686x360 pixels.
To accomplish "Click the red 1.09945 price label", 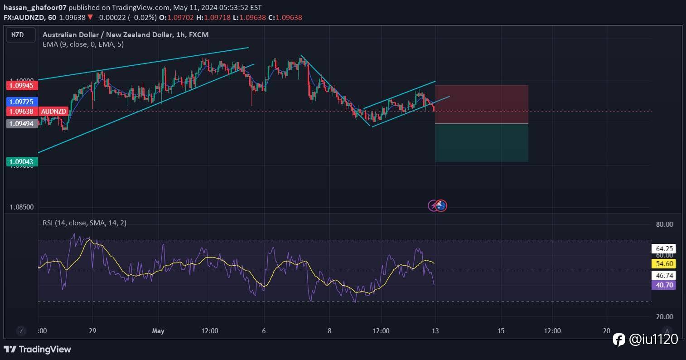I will (22, 85).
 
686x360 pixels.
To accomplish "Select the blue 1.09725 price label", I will (22, 102).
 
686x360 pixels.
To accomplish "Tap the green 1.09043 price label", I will (22, 161).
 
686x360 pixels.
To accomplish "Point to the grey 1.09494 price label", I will (22, 123).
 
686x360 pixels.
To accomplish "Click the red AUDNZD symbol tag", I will (54, 111).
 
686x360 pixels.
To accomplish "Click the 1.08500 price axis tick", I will (22, 207).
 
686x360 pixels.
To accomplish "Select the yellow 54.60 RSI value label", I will (663, 263).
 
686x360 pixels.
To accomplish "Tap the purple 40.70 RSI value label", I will (663, 285).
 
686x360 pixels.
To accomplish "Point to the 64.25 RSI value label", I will (663, 248).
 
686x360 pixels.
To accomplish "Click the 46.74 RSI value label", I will (663, 275).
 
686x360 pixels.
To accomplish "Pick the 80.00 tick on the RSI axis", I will (664, 224).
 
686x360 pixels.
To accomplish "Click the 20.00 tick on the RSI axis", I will (664, 316).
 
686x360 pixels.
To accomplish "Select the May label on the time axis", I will (158, 331).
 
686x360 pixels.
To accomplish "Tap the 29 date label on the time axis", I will (92, 331).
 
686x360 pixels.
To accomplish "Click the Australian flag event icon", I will (441, 206).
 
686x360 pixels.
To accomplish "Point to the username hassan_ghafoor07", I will (35, 8).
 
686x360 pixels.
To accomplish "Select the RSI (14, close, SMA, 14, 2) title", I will (85, 223).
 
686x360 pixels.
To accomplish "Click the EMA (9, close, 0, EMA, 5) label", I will (83, 44).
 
